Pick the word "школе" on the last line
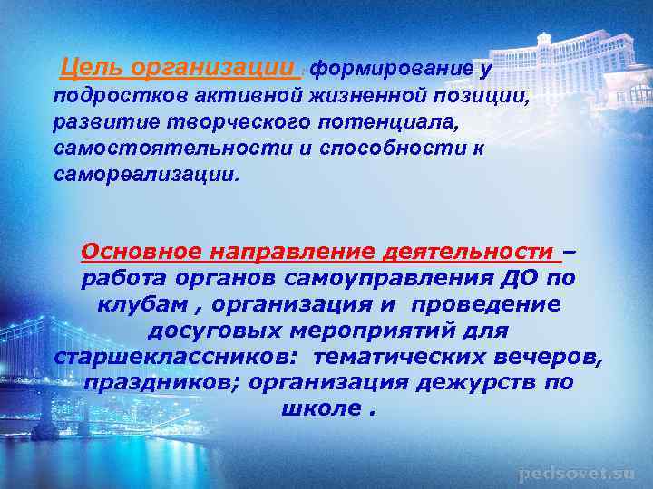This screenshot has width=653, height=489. point(316,408)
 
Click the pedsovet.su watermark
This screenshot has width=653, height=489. point(578,473)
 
